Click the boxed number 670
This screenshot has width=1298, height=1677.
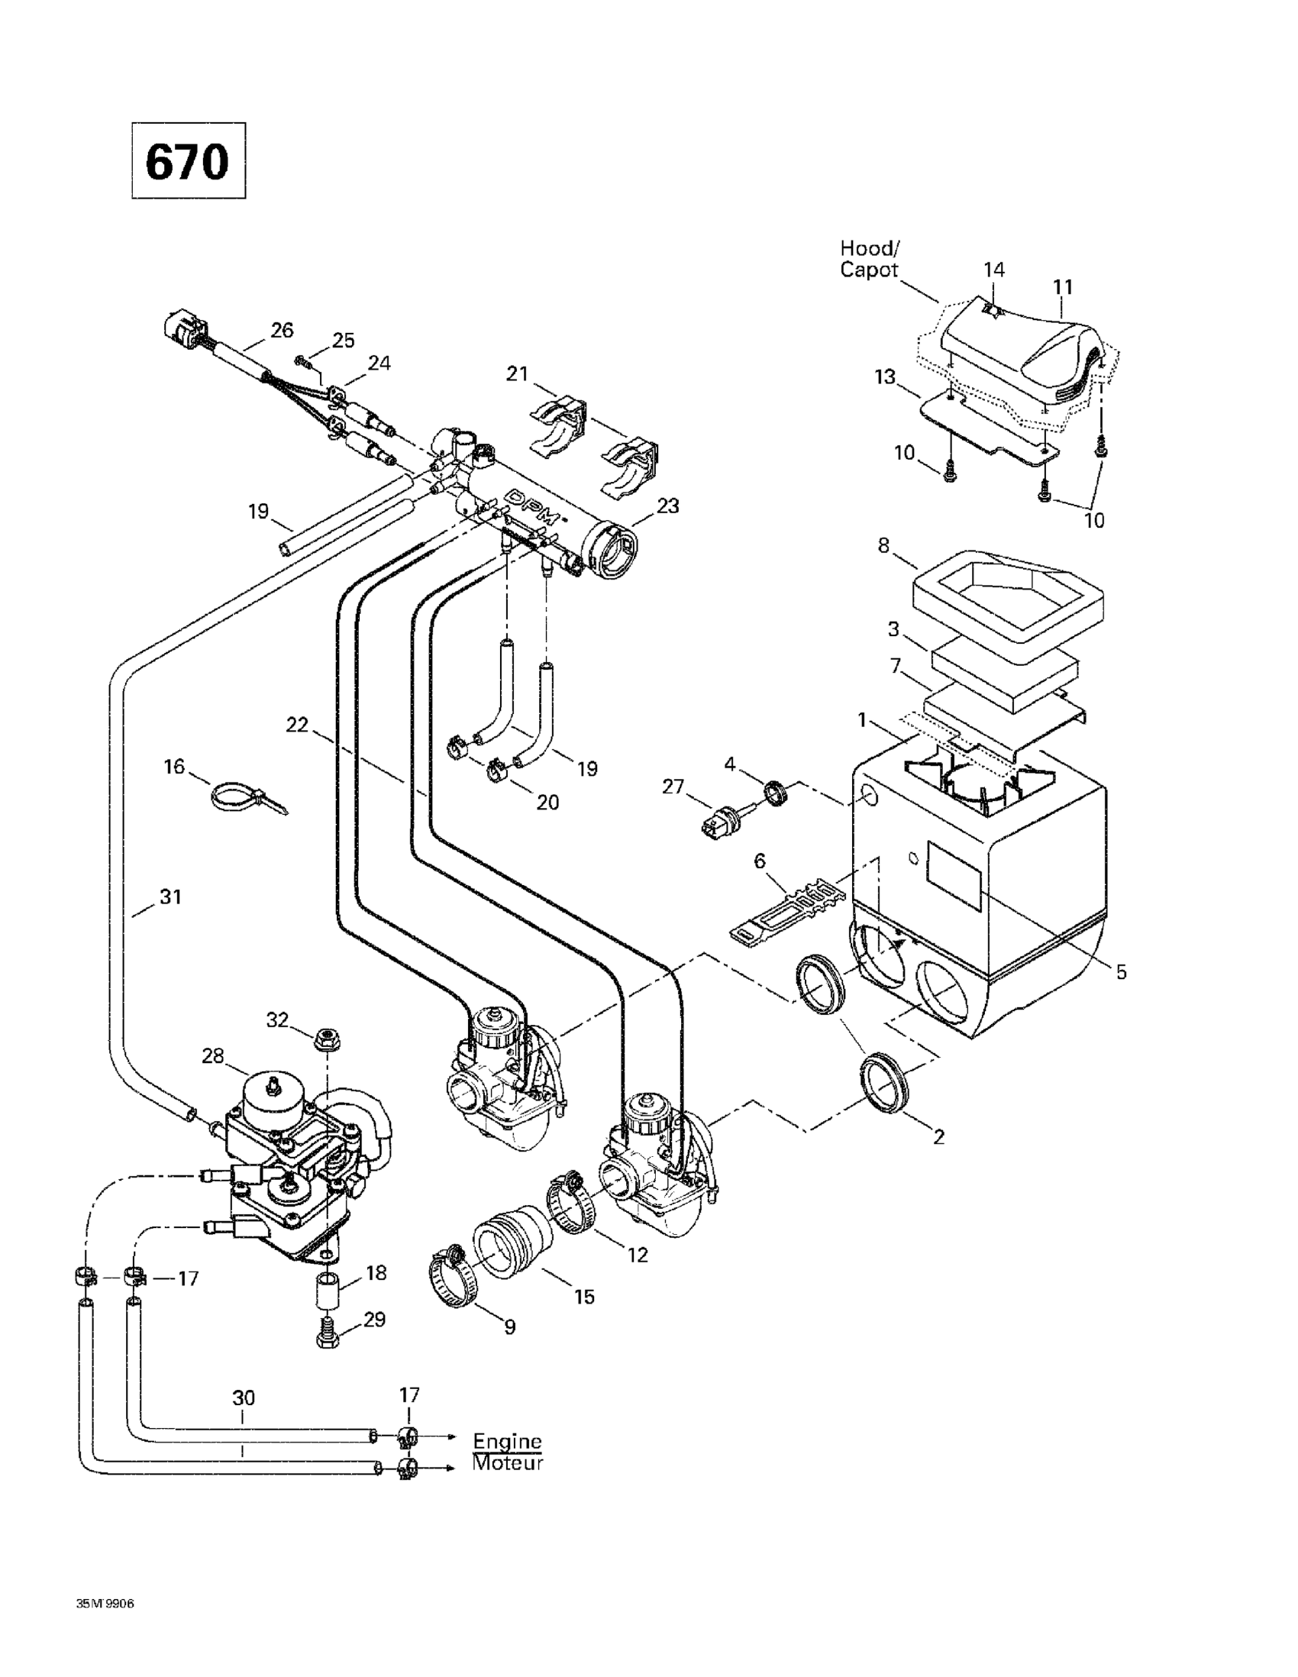[188, 161]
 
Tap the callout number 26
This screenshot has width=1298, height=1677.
[283, 330]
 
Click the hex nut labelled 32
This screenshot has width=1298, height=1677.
[328, 1041]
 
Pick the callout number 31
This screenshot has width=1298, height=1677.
[170, 897]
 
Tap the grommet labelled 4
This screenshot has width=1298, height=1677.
[774, 791]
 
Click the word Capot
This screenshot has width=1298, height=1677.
[868, 270]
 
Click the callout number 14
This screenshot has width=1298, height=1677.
[994, 270]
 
